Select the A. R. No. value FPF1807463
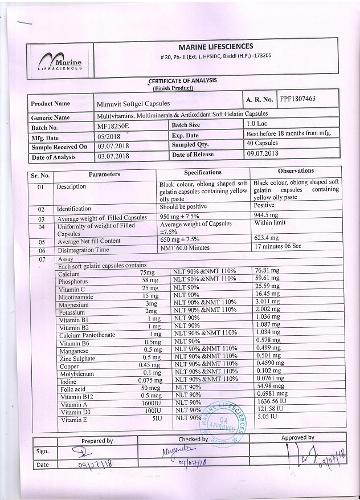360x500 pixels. pos(298,99)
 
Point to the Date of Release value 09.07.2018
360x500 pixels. pos(262,154)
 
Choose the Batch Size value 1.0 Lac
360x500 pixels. pos(259,124)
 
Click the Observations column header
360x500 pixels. pos(296,170)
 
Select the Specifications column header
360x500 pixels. pos(203,172)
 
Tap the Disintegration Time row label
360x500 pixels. pos(83,250)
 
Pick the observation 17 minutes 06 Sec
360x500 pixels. pos(281,246)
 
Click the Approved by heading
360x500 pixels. pos(297,438)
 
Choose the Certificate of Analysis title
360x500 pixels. pos(182,81)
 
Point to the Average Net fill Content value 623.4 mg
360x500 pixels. pos(267,238)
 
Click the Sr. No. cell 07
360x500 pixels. pos(41,259)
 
